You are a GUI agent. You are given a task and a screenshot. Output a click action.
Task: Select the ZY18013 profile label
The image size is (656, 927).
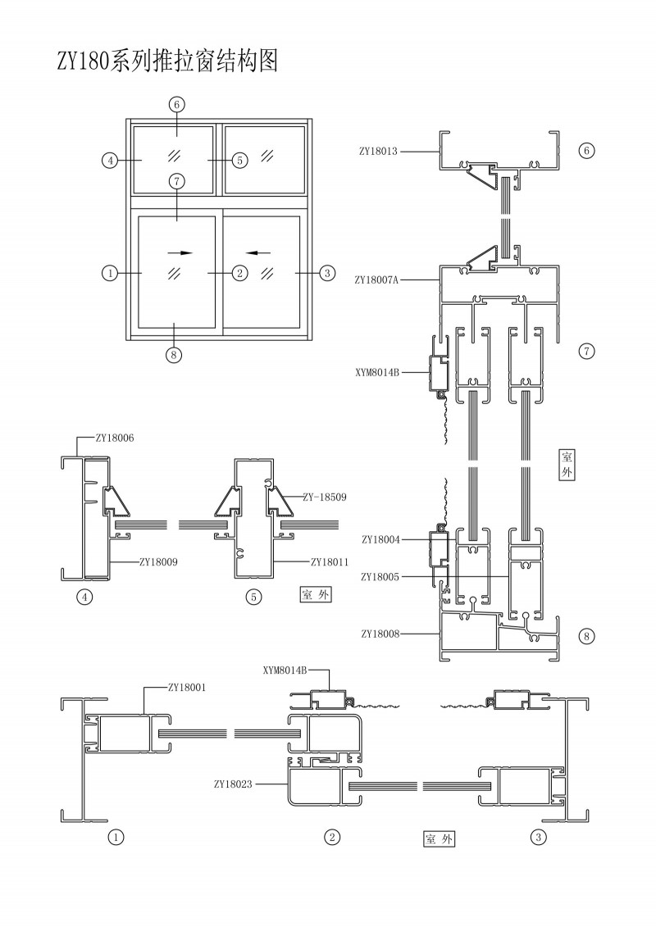tap(378, 151)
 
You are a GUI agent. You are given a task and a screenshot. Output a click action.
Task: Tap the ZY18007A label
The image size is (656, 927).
tap(376, 279)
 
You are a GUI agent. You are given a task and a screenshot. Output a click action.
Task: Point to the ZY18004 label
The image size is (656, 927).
tap(380, 539)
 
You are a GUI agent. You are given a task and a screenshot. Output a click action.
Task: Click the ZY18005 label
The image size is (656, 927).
tap(380, 577)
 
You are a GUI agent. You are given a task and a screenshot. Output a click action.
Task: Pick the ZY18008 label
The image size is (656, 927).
tap(380, 634)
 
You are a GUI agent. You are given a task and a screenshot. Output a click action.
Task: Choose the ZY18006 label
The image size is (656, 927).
tap(115, 439)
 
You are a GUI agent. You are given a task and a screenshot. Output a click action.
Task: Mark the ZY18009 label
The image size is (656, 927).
tap(159, 562)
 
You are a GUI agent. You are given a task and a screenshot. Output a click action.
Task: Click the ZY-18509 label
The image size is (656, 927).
tap(324, 497)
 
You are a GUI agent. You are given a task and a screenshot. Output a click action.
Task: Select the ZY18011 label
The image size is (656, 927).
tap(330, 562)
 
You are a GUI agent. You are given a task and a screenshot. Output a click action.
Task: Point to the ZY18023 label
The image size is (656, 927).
tap(233, 784)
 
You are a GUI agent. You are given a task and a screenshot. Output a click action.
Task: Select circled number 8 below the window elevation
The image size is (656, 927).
tap(174, 355)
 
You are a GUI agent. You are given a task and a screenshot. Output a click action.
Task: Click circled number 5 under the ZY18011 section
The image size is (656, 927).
tap(254, 597)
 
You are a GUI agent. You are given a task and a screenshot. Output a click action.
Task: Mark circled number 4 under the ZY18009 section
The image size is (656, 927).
tap(84, 597)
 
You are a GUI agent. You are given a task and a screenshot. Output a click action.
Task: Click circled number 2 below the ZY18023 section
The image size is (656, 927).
tap(332, 837)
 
